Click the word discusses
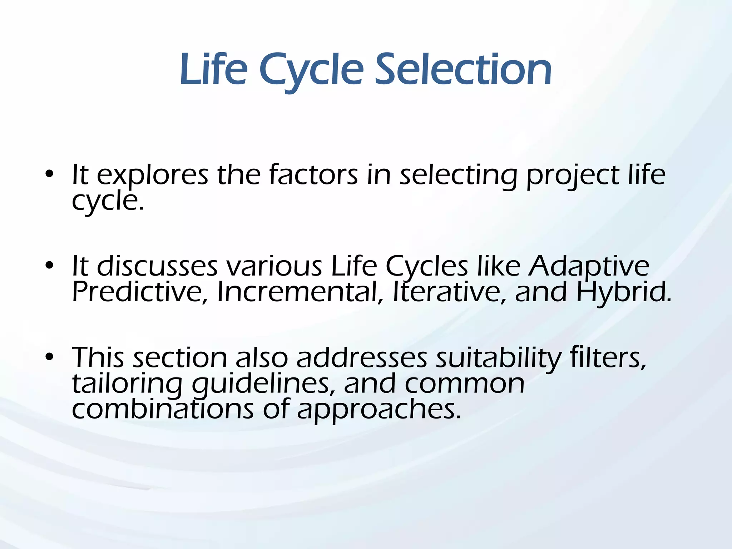tap(157, 266)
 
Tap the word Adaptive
tap(589, 266)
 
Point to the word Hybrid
tap(624, 292)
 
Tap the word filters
tap(608, 357)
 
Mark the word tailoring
tap(127, 384)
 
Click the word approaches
tap(379, 409)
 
